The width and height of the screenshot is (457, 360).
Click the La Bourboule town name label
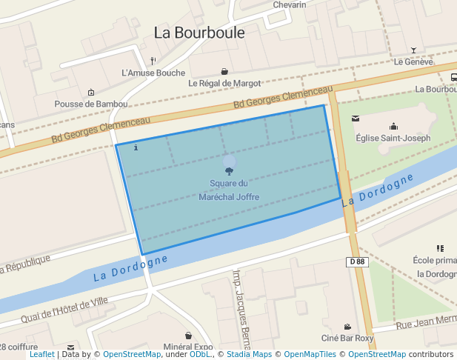tap(199, 33)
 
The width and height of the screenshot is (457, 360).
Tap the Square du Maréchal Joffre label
tap(229, 190)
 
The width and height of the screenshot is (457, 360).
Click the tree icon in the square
tap(229, 171)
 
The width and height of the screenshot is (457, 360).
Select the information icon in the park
tap(136, 147)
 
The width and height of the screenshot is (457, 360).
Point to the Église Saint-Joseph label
tap(393, 138)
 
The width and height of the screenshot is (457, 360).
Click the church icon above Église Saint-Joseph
tap(393, 126)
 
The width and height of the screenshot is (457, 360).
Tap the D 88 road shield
tap(356, 261)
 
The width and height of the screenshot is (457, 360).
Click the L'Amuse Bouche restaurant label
tap(153, 73)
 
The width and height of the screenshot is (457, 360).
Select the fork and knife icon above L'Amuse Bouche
tap(153, 60)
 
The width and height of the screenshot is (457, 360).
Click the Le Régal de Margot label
tap(224, 83)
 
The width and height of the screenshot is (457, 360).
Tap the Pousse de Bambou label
tap(91, 104)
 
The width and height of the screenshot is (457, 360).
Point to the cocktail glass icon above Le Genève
tap(413, 50)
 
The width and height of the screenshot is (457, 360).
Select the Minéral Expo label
tap(188, 347)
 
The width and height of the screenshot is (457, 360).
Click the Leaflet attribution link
tap(41, 355)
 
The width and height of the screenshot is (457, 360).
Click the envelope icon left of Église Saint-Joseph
tap(356, 119)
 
